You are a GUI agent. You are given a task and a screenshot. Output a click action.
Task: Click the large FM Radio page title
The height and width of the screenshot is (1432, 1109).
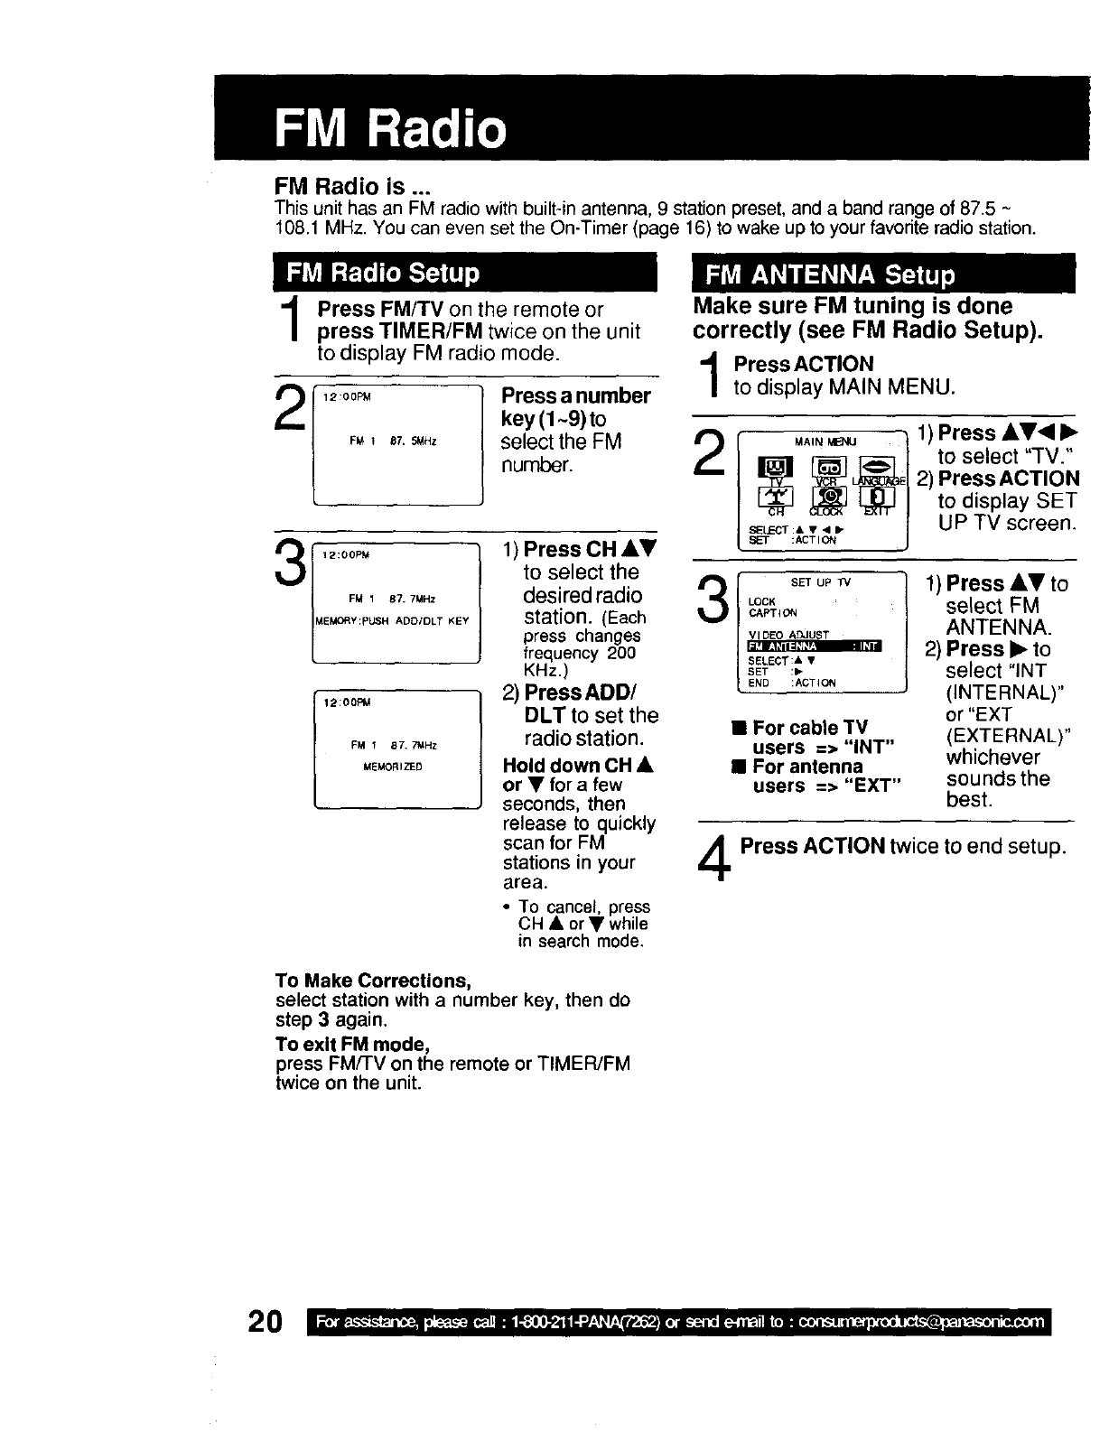390,129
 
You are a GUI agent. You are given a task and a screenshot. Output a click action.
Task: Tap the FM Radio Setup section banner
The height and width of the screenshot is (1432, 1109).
383,273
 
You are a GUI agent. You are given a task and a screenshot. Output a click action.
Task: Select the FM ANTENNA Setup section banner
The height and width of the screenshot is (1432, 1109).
829,274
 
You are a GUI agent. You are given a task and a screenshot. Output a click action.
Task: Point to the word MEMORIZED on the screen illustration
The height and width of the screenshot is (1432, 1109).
392,767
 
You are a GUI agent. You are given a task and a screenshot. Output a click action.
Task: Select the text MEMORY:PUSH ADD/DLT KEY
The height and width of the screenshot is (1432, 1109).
392,620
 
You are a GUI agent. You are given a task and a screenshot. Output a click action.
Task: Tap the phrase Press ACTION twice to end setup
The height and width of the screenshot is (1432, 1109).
903,846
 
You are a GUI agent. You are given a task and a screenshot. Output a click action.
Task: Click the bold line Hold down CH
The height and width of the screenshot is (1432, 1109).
578,766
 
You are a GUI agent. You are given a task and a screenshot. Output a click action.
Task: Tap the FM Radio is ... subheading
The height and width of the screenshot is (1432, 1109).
352,188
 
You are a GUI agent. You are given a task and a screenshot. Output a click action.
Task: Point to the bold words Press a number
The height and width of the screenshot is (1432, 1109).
576,395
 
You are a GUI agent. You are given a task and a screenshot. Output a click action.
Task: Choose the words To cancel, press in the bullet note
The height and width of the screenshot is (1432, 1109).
584,906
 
